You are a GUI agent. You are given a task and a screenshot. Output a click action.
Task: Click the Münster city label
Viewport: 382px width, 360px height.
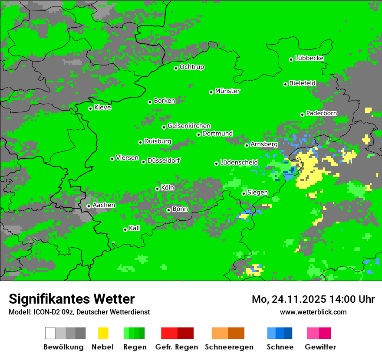pyautogui.click(x=227, y=91)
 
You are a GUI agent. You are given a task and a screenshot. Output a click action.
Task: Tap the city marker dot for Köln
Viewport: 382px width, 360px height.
pyautogui.click(x=157, y=189)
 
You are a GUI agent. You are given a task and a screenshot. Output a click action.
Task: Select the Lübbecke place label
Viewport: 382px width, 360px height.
pyautogui.click(x=309, y=58)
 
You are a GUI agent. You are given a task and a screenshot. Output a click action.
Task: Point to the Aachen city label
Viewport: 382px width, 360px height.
pyautogui.click(x=104, y=205)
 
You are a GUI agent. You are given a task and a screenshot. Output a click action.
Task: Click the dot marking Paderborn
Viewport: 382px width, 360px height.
pyautogui.click(x=302, y=115)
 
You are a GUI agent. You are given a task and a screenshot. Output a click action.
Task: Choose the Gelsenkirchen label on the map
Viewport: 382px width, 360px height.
pyautogui.click(x=189, y=126)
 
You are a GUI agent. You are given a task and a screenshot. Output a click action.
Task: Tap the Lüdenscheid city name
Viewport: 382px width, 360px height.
pyautogui.click(x=239, y=163)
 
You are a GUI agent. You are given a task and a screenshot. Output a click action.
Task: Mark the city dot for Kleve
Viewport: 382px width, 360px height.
pyautogui.click(x=90, y=108)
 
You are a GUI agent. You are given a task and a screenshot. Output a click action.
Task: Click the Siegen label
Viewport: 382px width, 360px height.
pyautogui.click(x=257, y=193)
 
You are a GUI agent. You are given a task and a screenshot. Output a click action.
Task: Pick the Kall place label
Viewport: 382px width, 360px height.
pyautogui.click(x=135, y=228)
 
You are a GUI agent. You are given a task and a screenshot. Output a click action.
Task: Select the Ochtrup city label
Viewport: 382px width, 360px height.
pyautogui.click(x=192, y=67)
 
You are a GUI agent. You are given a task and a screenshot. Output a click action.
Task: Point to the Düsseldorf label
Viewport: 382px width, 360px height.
pyautogui.click(x=164, y=160)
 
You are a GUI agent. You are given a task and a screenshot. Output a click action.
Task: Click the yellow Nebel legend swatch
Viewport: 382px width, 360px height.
pyautogui.click(x=103, y=333)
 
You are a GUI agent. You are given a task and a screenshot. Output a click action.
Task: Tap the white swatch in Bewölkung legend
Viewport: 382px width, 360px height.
pyautogui.click(x=50, y=333)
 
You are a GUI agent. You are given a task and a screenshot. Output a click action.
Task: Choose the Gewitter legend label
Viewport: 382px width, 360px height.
pyautogui.click(x=320, y=347)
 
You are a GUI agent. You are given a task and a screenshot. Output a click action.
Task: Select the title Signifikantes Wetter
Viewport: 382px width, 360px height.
pyautogui.click(x=72, y=299)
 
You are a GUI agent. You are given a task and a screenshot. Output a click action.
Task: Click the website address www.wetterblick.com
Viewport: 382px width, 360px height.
pyautogui.click(x=313, y=312)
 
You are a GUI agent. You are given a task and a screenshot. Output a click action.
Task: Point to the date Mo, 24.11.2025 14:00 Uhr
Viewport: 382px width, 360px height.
pyautogui.click(x=313, y=299)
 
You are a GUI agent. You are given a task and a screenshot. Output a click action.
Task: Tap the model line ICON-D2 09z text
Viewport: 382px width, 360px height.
pyautogui.click(x=79, y=312)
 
